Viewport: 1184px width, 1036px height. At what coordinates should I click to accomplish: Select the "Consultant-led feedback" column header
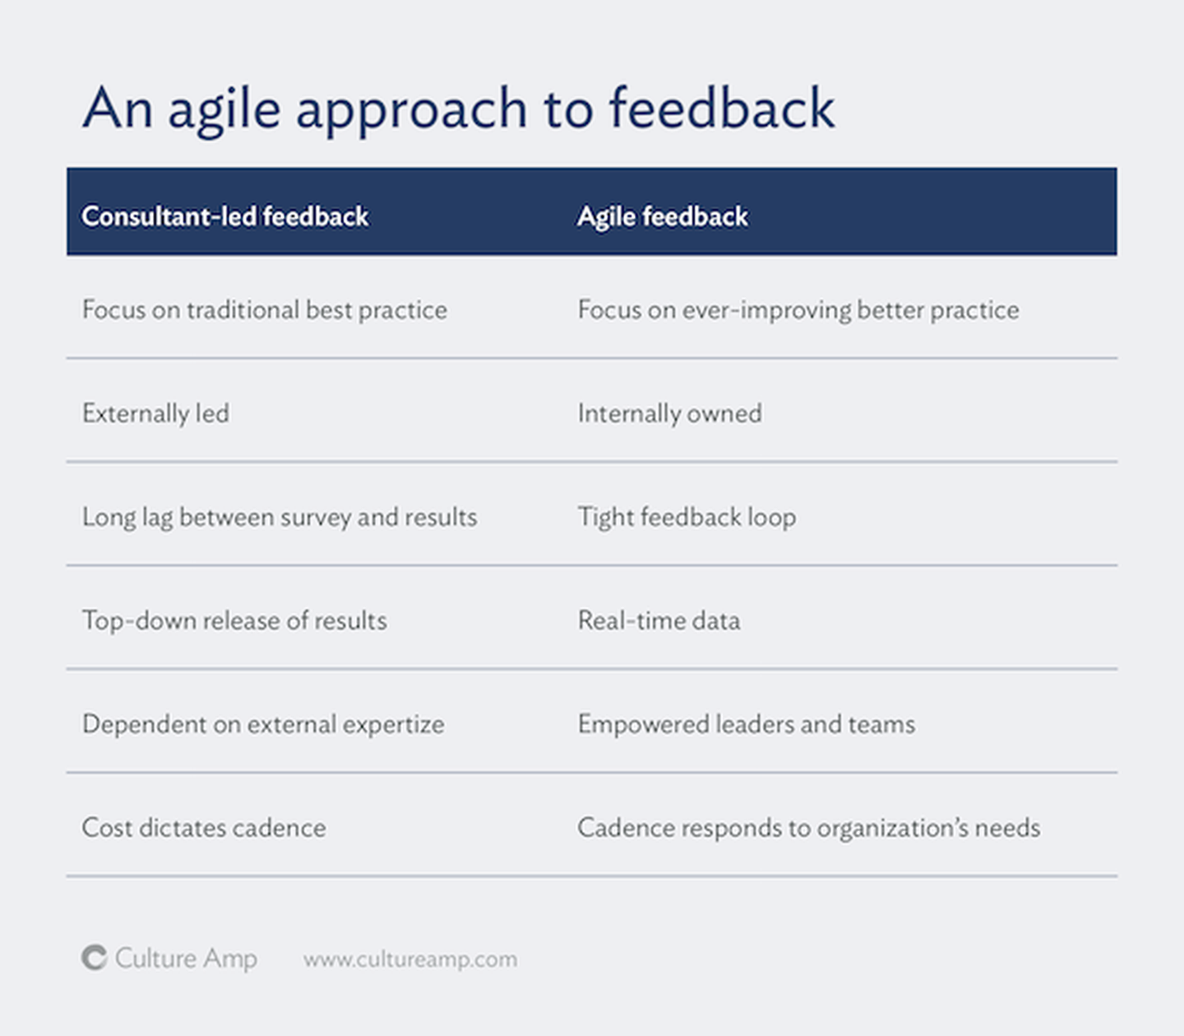225,216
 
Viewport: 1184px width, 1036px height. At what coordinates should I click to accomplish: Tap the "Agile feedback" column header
663,217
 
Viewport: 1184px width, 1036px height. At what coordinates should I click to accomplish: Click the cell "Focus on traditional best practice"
265,310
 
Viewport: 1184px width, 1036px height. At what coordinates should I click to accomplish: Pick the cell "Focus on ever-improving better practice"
798,310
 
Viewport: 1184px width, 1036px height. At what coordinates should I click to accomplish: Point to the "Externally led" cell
155,414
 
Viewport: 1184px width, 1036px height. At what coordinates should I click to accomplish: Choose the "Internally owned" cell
670,414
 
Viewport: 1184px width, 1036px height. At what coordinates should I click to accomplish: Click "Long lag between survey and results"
280,517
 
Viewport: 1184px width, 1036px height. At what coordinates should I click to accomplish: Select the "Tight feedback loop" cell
687,517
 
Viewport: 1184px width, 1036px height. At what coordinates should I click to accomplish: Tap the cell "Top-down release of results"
234,621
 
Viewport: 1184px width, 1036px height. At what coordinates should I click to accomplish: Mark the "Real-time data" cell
659,621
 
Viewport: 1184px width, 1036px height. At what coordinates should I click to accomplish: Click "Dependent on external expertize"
263,724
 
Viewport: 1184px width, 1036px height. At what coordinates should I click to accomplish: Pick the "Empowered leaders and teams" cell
747,724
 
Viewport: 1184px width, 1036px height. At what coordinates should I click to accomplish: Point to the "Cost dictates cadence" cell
204,828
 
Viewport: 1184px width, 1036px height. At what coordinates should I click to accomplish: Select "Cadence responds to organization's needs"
809,828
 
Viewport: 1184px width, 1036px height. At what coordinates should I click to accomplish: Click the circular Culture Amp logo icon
95,957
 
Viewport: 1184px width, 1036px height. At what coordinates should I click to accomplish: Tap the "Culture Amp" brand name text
186,959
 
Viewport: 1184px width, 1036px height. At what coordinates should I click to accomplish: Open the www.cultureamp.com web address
410,960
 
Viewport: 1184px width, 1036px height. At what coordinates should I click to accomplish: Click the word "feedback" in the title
722,108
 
